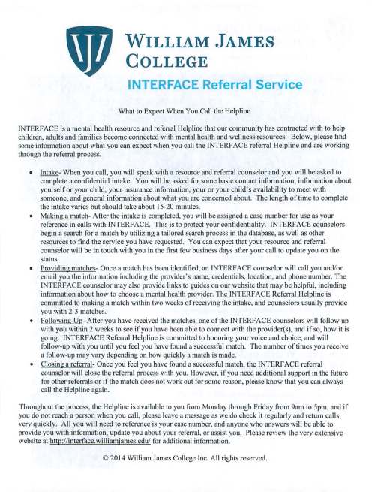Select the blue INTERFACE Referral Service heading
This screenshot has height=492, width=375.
[x=214, y=85]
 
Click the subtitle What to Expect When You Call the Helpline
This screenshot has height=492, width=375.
[x=187, y=111]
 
